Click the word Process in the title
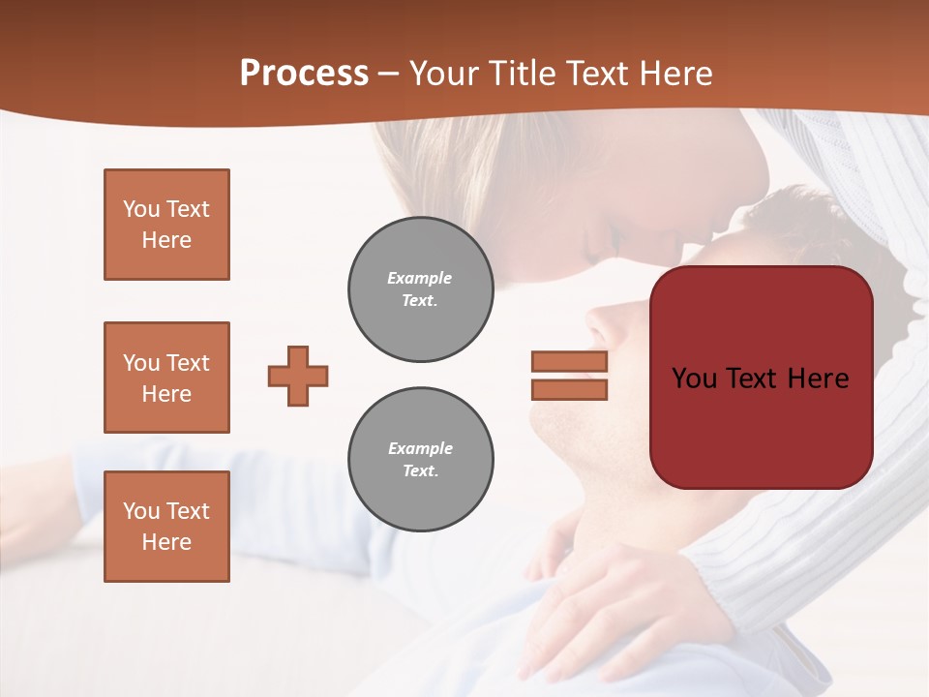coord(304,74)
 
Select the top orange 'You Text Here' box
coord(166,225)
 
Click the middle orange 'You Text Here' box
coord(166,378)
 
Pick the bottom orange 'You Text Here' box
coord(166,527)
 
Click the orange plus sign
coord(298,376)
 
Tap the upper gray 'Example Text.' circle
coord(420,289)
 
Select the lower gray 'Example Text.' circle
coord(420,460)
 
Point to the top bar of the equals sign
coord(569,361)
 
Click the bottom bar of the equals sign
coord(569,390)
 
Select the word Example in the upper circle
coord(420,278)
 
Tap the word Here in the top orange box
coord(166,240)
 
